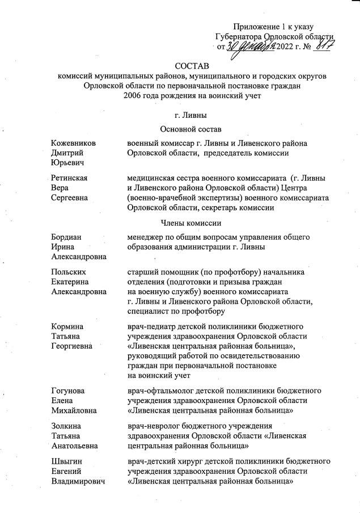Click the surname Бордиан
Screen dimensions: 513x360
tap(66, 236)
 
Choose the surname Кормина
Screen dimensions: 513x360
tap(67, 327)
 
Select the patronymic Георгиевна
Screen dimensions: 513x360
tap(72, 347)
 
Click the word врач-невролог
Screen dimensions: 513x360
tap(154, 425)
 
